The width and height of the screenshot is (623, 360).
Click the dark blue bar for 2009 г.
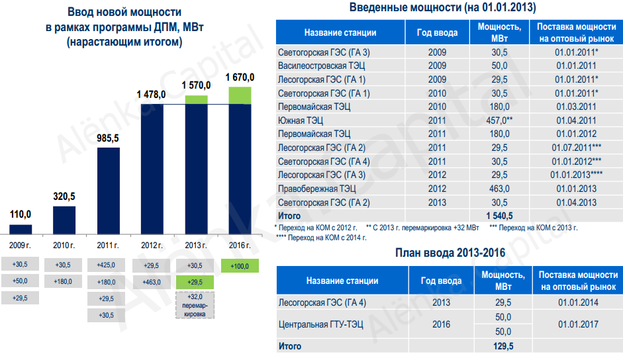click(x=21, y=229)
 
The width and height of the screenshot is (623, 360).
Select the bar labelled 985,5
click(x=109, y=191)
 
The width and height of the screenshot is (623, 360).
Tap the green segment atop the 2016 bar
click(x=240, y=95)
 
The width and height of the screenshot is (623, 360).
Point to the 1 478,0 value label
click(x=152, y=95)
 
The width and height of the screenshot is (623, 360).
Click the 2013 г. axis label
click(x=196, y=246)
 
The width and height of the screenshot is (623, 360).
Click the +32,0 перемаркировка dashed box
click(x=196, y=306)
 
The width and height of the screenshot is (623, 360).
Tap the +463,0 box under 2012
click(x=152, y=282)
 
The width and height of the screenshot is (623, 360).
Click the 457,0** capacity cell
click(x=500, y=120)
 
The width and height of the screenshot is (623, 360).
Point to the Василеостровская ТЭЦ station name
click(x=322, y=66)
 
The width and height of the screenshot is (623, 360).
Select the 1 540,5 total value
click(x=500, y=216)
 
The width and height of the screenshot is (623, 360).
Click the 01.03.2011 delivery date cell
click(x=576, y=107)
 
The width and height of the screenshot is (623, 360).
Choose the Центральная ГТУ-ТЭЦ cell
click(x=323, y=324)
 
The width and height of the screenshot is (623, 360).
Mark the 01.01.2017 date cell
click(x=577, y=324)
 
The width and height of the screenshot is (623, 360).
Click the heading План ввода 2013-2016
click(x=450, y=253)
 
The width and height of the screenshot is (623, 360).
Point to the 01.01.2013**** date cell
click(x=576, y=175)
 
